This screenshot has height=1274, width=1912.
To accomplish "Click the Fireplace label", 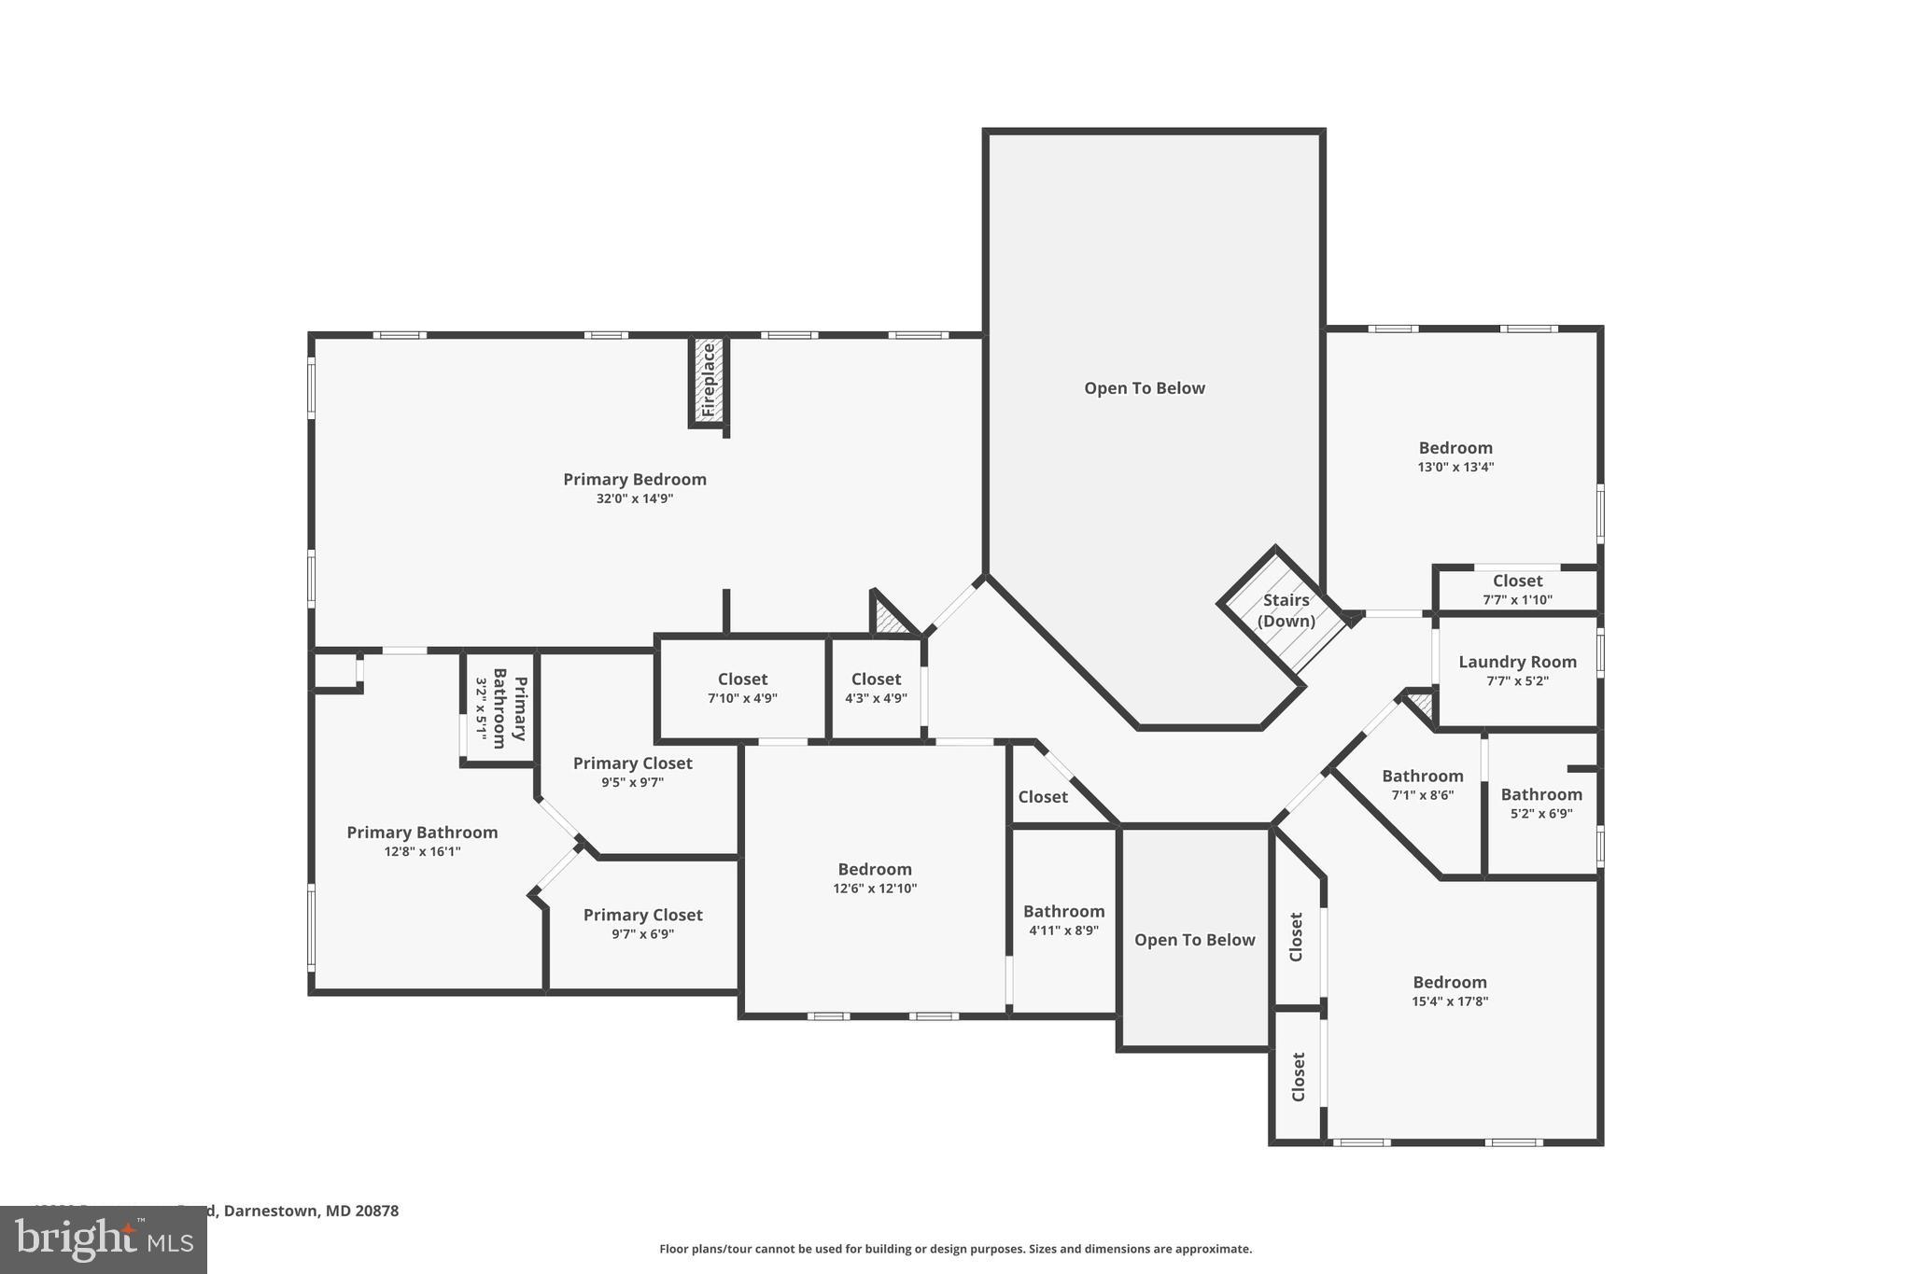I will click(x=708, y=380).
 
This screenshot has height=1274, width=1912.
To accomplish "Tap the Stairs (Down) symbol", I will click(x=1286, y=610).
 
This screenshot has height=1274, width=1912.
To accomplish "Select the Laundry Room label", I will click(x=1517, y=662).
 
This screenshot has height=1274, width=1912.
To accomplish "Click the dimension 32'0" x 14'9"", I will click(x=635, y=499).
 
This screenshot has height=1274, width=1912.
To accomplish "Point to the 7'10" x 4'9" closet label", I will click(x=742, y=679).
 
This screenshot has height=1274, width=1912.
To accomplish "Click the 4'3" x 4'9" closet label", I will click(x=876, y=679).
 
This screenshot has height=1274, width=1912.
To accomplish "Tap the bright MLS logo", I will click(x=104, y=1239).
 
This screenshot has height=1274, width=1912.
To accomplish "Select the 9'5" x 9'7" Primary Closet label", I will click(x=632, y=763).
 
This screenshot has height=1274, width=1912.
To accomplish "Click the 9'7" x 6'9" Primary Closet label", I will click(x=642, y=916).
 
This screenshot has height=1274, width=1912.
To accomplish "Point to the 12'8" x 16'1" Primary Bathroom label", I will click(x=422, y=833).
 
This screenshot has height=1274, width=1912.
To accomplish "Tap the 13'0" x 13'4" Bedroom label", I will click(x=1455, y=448).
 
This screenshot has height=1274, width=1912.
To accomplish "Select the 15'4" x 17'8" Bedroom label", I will click(x=1449, y=983).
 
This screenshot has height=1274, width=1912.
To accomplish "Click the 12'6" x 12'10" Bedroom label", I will click(x=874, y=870).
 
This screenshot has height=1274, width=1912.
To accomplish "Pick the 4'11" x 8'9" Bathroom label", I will click(x=1063, y=912).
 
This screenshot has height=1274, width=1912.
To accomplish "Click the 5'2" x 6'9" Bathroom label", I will click(x=1541, y=794).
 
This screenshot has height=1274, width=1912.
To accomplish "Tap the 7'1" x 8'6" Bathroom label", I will click(x=1422, y=777).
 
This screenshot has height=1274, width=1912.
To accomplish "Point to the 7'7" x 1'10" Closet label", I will click(x=1517, y=581).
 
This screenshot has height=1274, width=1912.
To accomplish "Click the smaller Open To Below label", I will click(x=1194, y=940).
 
